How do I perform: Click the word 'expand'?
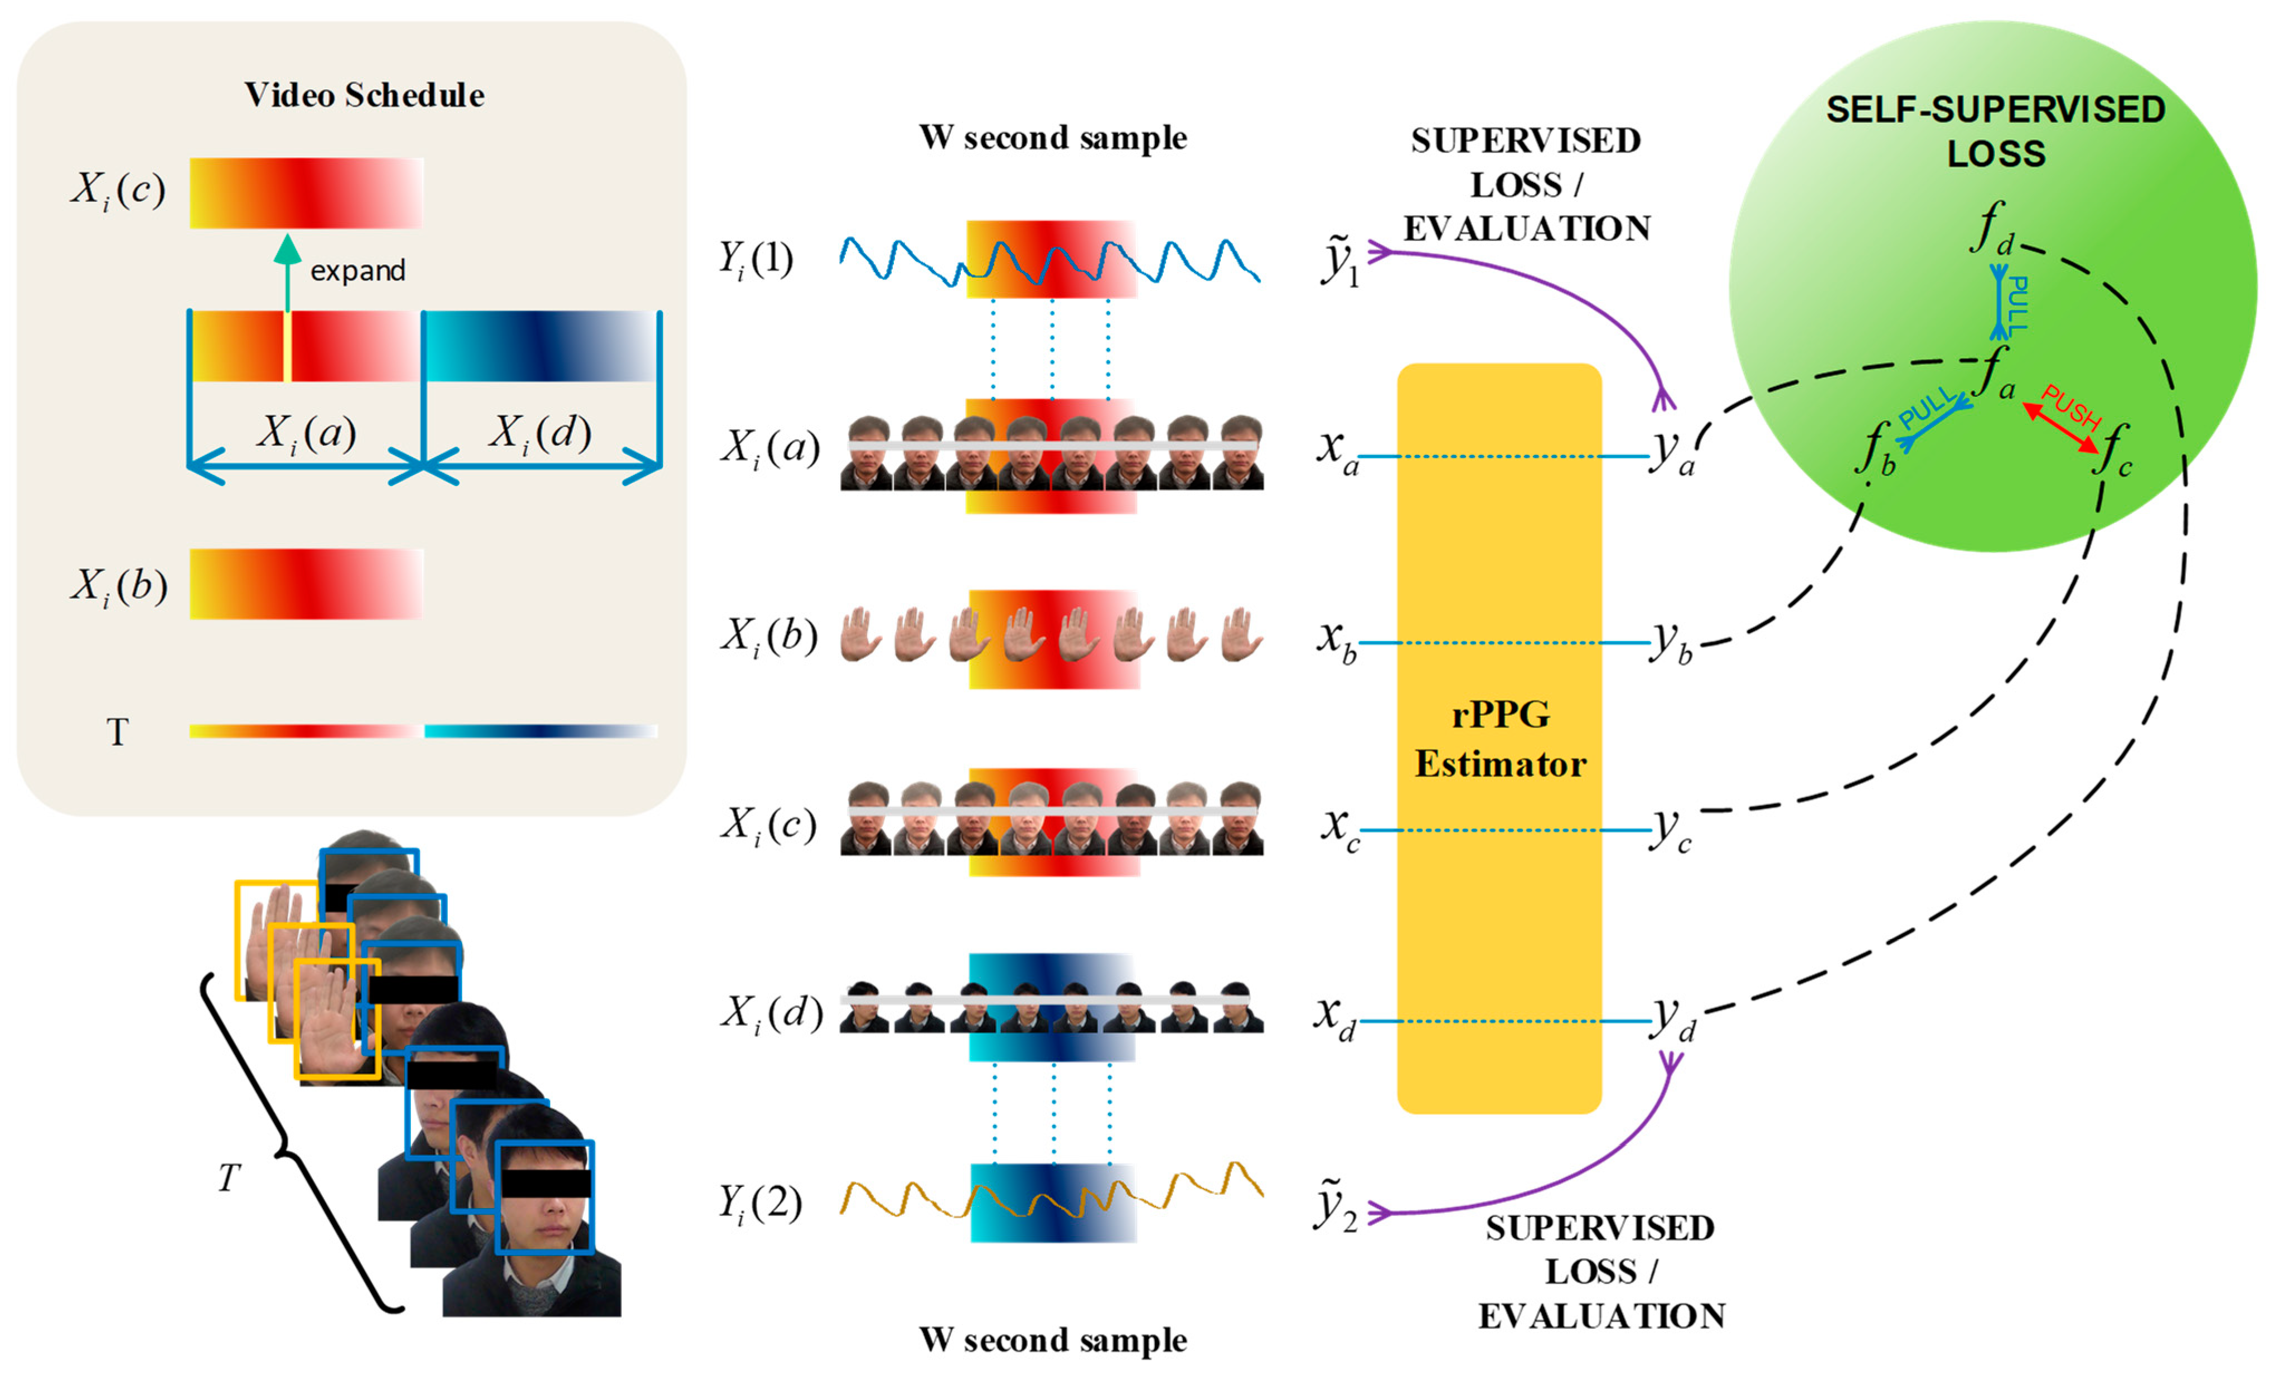(x=358, y=271)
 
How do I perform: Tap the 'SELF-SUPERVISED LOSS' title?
(x=1995, y=131)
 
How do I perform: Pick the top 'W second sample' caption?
(x=1053, y=138)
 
